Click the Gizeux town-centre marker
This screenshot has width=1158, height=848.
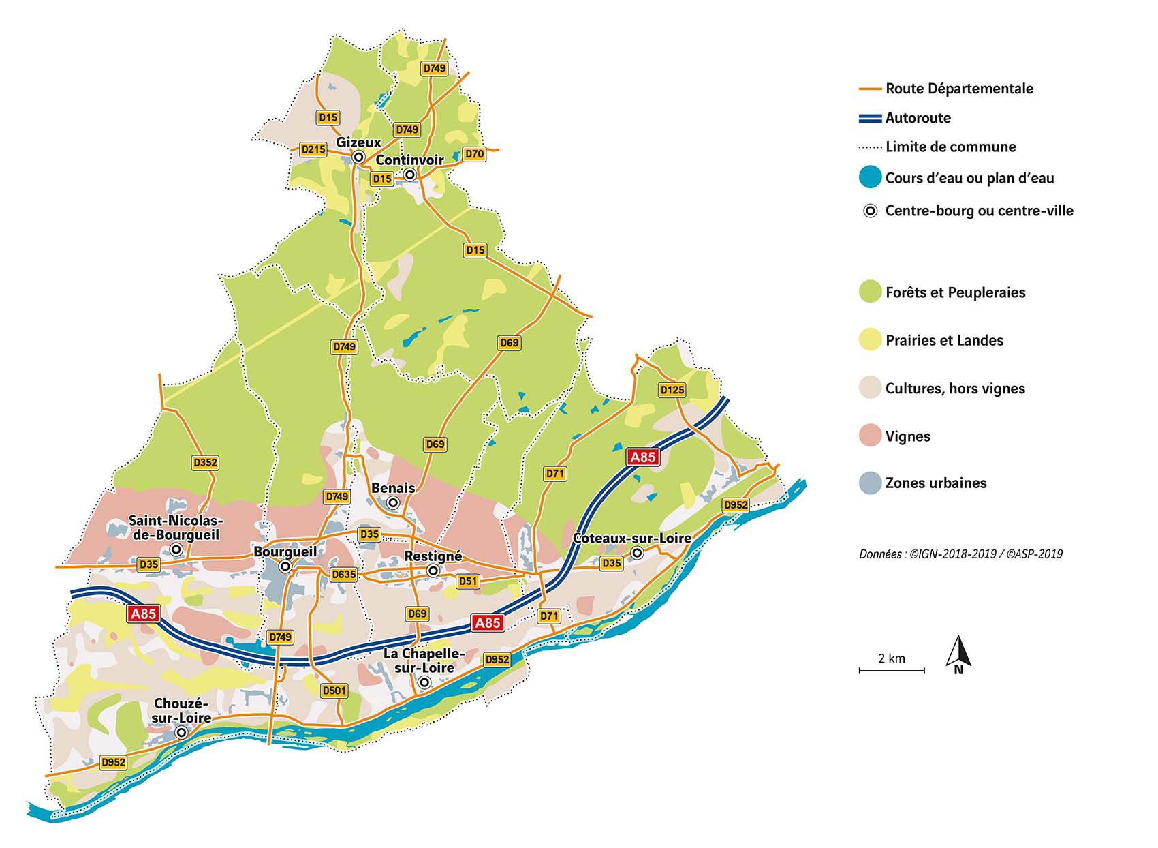358,157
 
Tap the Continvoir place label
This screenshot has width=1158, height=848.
409,161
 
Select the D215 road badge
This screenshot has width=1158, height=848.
313,149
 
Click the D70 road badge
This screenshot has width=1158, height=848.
474,154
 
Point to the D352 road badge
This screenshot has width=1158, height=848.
205,463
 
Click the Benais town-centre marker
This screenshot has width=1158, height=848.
393,503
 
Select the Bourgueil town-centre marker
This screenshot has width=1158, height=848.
286,566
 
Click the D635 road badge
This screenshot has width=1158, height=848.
343,574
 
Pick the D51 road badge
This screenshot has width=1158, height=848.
468,581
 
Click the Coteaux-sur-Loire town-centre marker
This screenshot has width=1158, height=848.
637,553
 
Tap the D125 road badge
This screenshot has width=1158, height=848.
672,390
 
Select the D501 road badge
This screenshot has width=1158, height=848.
334,691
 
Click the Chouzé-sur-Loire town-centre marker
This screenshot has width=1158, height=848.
181,732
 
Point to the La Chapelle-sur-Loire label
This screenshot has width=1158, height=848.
424,661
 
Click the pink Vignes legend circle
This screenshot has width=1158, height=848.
870,436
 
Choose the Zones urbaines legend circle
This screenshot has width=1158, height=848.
870,483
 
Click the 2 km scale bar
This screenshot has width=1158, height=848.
891,671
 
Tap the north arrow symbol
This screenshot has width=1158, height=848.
958,653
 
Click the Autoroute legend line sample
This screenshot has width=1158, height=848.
870,118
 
